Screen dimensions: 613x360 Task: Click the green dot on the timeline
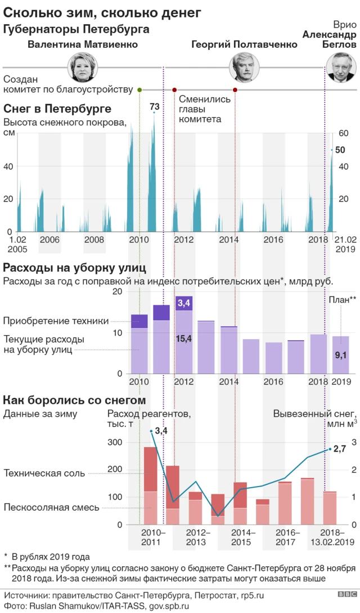tap(139, 90)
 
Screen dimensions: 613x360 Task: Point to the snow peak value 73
tap(154, 107)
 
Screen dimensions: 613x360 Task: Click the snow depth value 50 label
tap(340, 150)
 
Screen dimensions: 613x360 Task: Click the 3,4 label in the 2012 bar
tap(184, 304)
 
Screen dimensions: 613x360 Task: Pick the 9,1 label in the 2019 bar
tap(341, 355)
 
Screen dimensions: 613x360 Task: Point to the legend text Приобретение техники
tap(56, 321)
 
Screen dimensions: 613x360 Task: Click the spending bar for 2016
tap(273, 358)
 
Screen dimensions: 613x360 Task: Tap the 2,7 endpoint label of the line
tap(339, 449)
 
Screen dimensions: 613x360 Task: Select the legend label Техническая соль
tap(44, 473)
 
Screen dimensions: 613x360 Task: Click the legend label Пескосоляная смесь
tap(51, 507)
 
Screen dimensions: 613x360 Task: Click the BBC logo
tap(346, 594)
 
